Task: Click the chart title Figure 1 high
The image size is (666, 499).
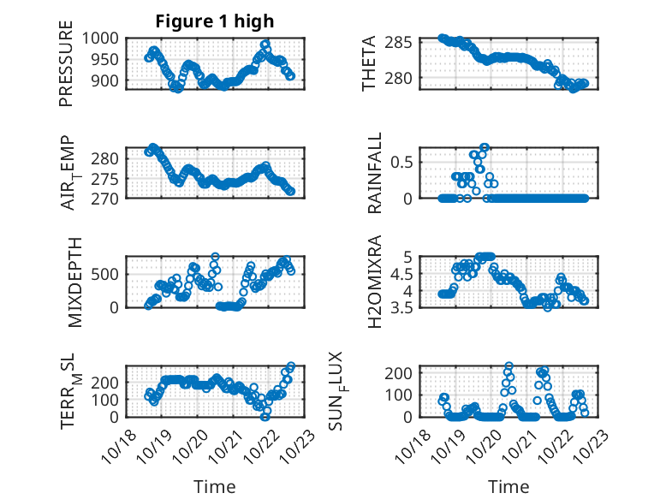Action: click(215, 21)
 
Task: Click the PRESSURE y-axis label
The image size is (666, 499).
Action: click(66, 63)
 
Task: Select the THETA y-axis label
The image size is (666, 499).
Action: click(369, 63)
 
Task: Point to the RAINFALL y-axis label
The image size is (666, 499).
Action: click(374, 173)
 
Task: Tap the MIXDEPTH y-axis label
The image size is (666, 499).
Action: click(74, 282)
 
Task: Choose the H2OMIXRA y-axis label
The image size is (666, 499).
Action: click(374, 282)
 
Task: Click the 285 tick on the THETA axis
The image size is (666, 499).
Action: click(402, 43)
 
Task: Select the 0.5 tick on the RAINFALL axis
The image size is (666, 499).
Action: click(403, 162)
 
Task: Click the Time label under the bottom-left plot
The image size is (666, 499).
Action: click(215, 487)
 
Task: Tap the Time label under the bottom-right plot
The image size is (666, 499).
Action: click(508, 487)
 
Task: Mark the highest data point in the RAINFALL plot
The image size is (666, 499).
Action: click(484, 147)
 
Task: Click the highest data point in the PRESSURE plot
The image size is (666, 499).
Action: click(265, 44)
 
